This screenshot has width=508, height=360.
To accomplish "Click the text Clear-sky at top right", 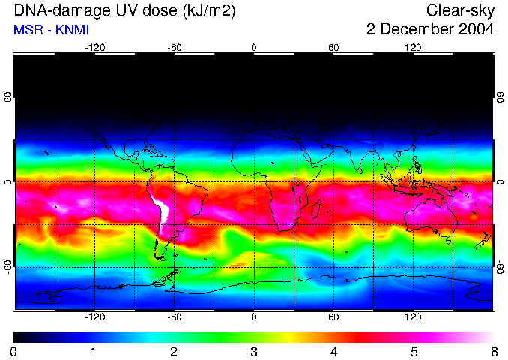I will click(x=460, y=11).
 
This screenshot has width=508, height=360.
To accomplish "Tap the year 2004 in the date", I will click(x=477, y=30).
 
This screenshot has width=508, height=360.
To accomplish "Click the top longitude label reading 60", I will click(x=333, y=47).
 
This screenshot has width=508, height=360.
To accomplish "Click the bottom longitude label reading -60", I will click(x=174, y=317).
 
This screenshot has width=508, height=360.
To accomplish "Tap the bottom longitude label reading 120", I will click(x=414, y=317).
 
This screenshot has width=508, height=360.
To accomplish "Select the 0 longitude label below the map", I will click(x=254, y=317).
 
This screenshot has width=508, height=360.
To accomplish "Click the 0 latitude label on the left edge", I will click(x=7, y=182).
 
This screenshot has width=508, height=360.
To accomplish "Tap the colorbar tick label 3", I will click(x=253, y=351).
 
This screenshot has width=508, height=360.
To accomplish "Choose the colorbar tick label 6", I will click(x=493, y=351).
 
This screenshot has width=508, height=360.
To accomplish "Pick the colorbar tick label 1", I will click(x=94, y=351).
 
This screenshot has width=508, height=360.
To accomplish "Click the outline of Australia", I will click(x=431, y=217).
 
